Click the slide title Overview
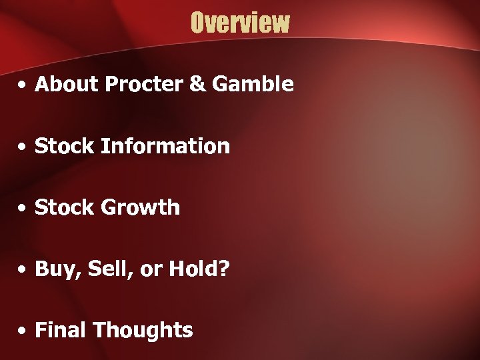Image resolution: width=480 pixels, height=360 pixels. pyautogui.click(x=240, y=23)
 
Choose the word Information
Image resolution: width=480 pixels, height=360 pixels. pyautogui.click(x=165, y=146)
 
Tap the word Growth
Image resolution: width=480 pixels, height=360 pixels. pyautogui.click(x=141, y=207)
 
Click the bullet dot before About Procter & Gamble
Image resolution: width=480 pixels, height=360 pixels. pyautogui.click(x=23, y=85)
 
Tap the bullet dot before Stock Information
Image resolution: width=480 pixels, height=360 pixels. pyautogui.click(x=23, y=147)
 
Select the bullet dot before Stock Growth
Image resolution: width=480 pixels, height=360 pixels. pyautogui.click(x=23, y=209)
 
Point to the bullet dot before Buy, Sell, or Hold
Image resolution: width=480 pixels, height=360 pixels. pyautogui.click(x=23, y=270)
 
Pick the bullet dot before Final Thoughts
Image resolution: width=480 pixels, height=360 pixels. pyautogui.click(x=23, y=331)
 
